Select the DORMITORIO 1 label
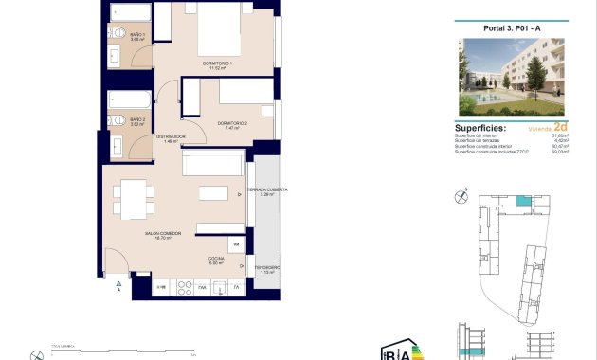point(217,64)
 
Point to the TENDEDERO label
point(266,269)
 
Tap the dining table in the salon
point(132,200)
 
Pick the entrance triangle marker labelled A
point(118,284)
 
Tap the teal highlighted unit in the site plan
point(522,201)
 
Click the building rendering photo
point(511,77)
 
